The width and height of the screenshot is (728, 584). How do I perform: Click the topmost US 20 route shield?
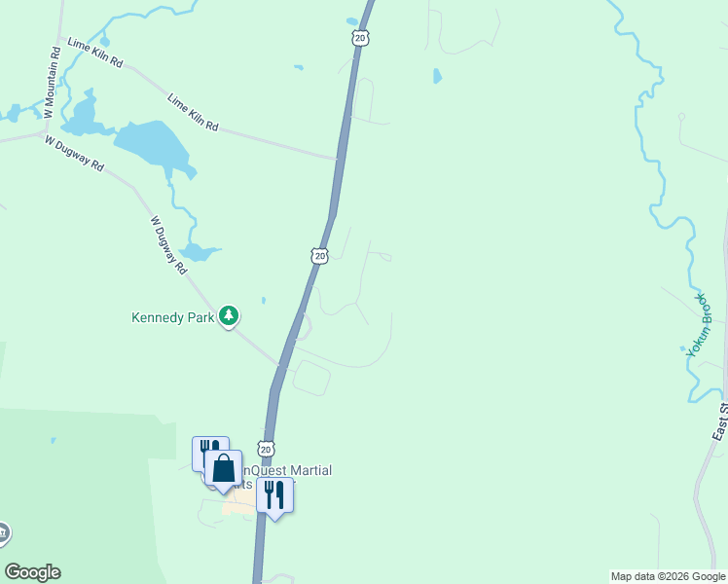click(360, 37)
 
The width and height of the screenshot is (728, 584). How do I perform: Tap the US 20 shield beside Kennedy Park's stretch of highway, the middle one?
click(319, 255)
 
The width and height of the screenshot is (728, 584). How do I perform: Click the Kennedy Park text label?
click(172, 317)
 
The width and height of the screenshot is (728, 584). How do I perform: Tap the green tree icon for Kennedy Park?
click(229, 315)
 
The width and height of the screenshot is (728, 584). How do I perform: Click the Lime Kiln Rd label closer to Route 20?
click(193, 113)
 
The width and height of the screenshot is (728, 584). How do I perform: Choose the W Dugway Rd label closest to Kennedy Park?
click(168, 244)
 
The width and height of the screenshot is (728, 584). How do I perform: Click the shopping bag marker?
click(224, 468)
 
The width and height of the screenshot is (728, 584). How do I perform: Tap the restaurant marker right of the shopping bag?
click(274, 494)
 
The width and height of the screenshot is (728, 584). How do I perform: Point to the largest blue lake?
click(153, 145)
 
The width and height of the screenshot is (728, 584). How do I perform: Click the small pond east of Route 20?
click(437, 75)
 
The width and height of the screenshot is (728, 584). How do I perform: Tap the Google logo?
click(32, 572)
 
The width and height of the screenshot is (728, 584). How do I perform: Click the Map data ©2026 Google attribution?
click(667, 576)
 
